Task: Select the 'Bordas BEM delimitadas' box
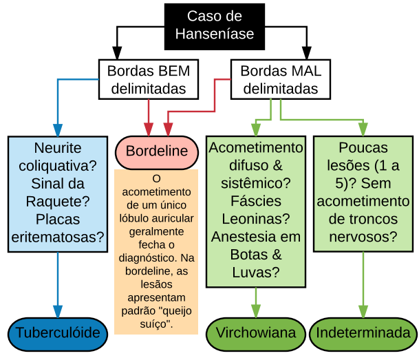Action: click(149, 79)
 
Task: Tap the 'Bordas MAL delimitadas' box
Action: click(280, 79)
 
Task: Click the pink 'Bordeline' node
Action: click(157, 151)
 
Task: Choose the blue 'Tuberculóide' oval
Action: click(58, 333)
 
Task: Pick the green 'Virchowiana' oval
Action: click(256, 333)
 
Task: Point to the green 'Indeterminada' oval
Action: click(363, 333)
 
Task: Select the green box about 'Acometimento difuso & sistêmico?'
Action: click(256, 210)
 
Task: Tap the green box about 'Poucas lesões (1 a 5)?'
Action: click(363, 193)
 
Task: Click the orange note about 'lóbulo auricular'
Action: click(156, 252)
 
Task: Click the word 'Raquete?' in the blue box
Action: click(58, 202)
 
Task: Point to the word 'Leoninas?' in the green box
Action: click(256, 219)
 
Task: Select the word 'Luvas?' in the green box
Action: click(256, 273)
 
